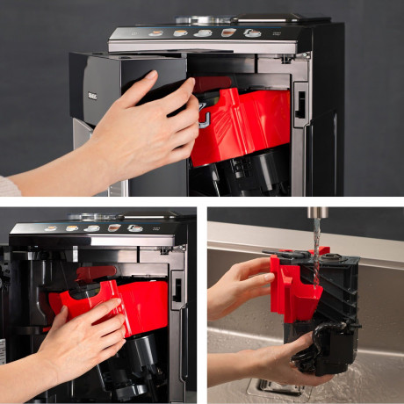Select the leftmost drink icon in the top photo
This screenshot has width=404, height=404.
(155, 33)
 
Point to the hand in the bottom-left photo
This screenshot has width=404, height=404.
(83, 338)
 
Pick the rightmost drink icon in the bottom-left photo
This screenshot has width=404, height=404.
(133, 228)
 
